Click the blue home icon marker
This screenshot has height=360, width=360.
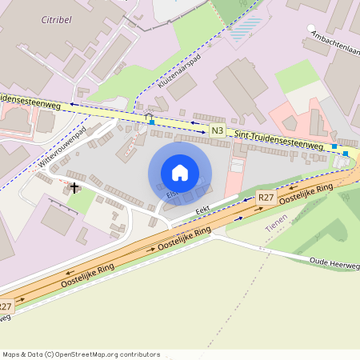point(180,173)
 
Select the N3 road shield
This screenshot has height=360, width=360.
point(218,130)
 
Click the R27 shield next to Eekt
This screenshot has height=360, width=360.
point(266,197)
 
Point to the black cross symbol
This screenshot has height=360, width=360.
point(74,188)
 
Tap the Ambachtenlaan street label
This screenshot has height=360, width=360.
point(334,37)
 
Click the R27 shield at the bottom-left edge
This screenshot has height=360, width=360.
point(6,306)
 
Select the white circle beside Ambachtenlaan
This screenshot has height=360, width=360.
point(311,28)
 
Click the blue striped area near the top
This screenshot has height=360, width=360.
point(244,30)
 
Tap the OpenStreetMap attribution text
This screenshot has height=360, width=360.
point(81,354)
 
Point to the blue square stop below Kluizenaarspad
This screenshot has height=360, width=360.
point(151,122)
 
